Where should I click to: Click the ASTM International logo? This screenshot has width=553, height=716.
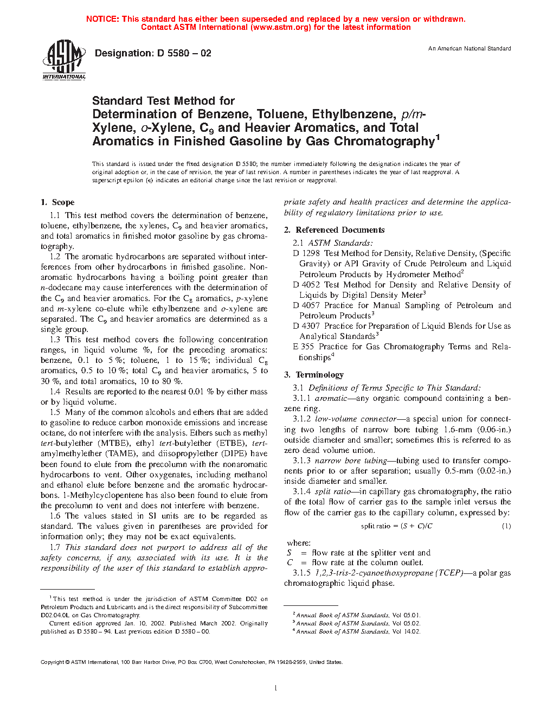pyautogui.click(x=64, y=60)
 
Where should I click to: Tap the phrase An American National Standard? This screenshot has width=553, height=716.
pyautogui.click(x=470, y=49)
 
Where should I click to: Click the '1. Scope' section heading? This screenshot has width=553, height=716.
pyautogui.click(x=57, y=202)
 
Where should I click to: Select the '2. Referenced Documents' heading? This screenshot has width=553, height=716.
pyautogui.click(x=334, y=230)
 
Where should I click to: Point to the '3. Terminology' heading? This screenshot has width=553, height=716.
pyautogui.click(x=314, y=375)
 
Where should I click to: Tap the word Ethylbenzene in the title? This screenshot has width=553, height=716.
pyautogui.click(x=353, y=114)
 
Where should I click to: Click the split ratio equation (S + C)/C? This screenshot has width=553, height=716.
pyautogui.click(x=397, y=526)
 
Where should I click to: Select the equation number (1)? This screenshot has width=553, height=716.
pyautogui.click(x=506, y=526)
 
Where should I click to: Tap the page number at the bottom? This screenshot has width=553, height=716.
pyautogui.click(x=276, y=688)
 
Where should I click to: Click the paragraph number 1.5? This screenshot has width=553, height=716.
pyautogui.click(x=55, y=412)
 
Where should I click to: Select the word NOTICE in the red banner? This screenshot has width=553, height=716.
pyautogui.click(x=102, y=19)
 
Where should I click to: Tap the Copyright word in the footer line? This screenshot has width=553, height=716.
pyautogui.click(x=53, y=662)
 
